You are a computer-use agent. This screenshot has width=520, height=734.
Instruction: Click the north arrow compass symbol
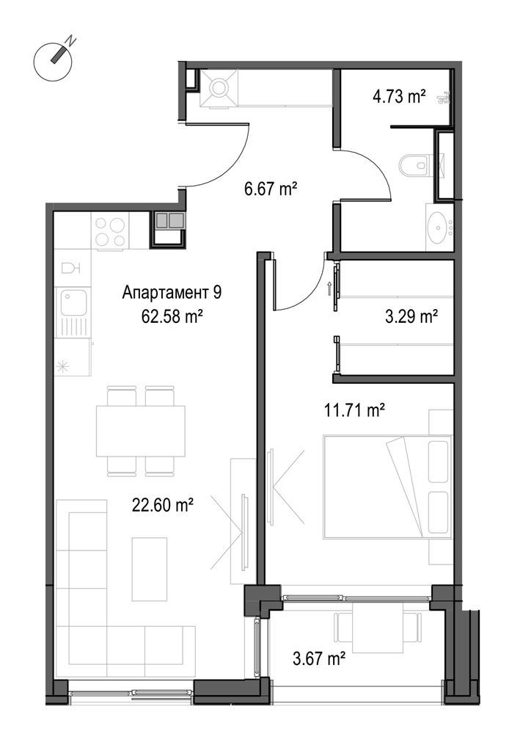[x=53, y=62]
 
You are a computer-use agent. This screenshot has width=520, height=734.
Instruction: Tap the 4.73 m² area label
[x=399, y=97]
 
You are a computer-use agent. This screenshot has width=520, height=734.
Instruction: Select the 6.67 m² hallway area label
[x=271, y=189]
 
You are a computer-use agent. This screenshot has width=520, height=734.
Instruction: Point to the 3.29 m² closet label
[x=411, y=317]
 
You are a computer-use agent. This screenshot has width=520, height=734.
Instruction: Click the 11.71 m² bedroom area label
[x=354, y=410]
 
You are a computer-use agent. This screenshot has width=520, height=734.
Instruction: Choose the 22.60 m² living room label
[x=163, y=505]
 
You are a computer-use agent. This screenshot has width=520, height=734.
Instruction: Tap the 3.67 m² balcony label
[x=319, y=658]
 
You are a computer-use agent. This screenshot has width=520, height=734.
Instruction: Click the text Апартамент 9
[x=172, y=293]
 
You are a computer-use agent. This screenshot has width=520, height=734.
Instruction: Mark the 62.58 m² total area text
[x=172, y=317]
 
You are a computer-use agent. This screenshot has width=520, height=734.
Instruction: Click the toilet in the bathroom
[x=414, y=166]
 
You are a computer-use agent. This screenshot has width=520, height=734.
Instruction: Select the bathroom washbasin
[x=439, y=228]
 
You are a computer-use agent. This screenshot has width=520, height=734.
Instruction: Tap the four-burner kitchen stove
[x=110, y=232]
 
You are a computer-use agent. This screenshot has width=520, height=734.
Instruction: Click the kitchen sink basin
[x=74, y=302]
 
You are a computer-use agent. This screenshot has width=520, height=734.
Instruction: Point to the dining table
[x=141, y=431]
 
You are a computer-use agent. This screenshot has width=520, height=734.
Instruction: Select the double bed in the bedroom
[x=388, y=487]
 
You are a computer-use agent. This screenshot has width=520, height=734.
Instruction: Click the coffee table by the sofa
[x=149, y=569]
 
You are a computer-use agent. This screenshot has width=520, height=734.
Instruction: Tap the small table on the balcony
[x=378, y=628]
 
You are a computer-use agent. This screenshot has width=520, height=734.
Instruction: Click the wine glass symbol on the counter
[x=72, y=268]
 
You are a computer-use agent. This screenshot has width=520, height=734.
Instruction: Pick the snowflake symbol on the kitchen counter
[x=62, y=366]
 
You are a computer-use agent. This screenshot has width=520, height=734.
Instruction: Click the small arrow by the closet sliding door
[x=330, y=288]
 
